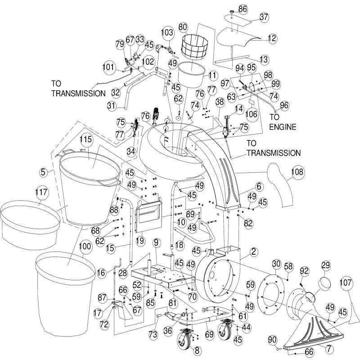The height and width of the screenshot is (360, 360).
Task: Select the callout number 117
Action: (x=41, y=193)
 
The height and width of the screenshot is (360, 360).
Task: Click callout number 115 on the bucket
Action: (x=86, y=139)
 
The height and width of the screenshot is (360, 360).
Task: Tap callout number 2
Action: (x=254, y=252)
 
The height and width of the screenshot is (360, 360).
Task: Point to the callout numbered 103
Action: (x=167, y=32)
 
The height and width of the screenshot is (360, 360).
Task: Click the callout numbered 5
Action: (x=43, y=171)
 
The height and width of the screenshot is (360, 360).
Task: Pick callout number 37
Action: (x=264, y=18)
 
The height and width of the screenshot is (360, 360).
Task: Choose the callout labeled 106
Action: (x=252, y=115)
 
